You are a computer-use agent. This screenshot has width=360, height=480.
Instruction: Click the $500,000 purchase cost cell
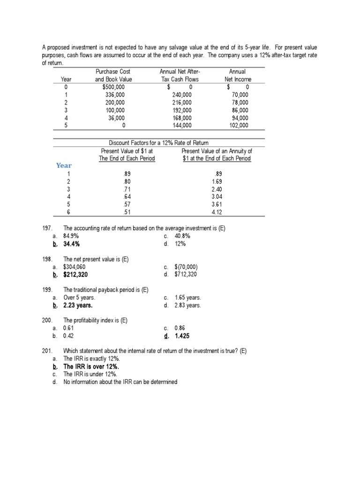pos(113,87)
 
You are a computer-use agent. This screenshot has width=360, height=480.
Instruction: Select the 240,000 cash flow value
pos(182,95)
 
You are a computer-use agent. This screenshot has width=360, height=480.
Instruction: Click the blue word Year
pos(64,165)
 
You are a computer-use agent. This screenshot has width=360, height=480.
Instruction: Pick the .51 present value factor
pos(126,211)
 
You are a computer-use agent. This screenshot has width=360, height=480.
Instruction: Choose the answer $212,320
pos(75,274)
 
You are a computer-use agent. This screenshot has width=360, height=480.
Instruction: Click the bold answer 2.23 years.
pos(78,305)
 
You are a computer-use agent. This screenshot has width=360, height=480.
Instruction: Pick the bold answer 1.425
pos(182,336)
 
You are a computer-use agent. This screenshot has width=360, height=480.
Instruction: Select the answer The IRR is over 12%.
pos(91,367)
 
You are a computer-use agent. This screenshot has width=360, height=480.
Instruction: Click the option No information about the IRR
pos(120,382)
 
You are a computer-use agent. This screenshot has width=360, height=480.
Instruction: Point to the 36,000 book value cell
pos(115,118)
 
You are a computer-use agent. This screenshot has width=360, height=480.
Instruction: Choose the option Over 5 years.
pos(79,297)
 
